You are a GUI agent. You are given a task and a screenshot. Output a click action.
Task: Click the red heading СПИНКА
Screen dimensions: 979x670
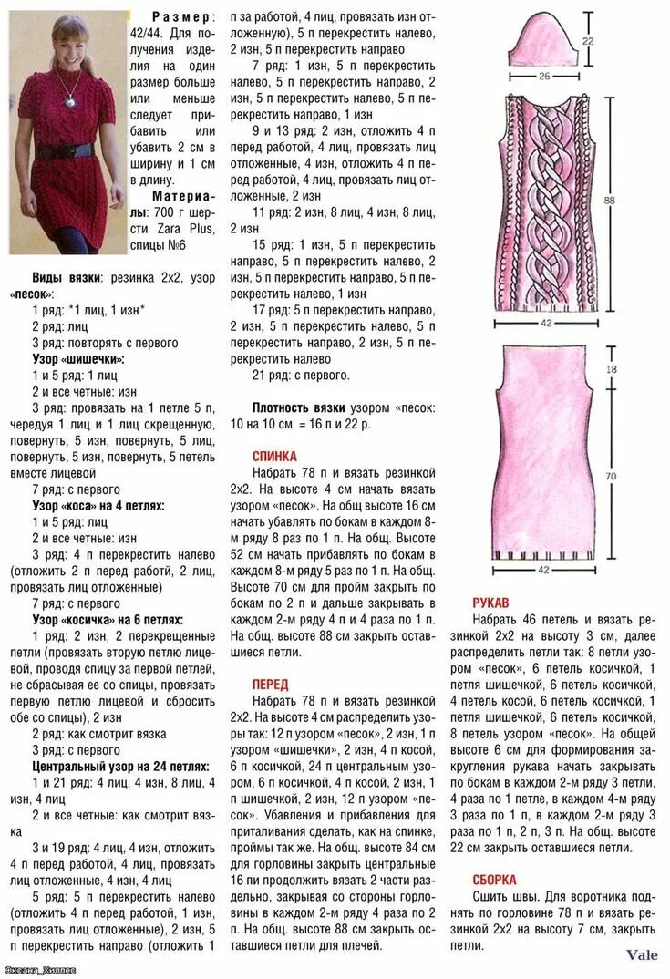click(274, 456)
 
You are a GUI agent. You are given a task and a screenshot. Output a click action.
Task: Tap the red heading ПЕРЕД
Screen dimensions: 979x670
click(270, 684)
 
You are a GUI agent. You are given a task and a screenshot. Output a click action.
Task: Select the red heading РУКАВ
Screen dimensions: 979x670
click(490, 603)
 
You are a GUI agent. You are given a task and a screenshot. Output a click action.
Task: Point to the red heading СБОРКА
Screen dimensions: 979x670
click(495, 880)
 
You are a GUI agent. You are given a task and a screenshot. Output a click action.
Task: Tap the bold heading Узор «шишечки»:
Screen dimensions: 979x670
click(78, 359)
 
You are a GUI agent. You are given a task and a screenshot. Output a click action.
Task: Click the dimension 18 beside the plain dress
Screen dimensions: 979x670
click(611, 369)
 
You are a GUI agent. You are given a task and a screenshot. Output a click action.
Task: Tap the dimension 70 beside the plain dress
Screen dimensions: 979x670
click(611, 476)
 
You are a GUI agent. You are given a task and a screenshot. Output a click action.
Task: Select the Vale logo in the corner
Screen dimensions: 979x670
click(642, 955)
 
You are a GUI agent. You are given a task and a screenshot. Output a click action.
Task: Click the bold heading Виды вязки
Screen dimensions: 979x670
click(67, 277)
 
